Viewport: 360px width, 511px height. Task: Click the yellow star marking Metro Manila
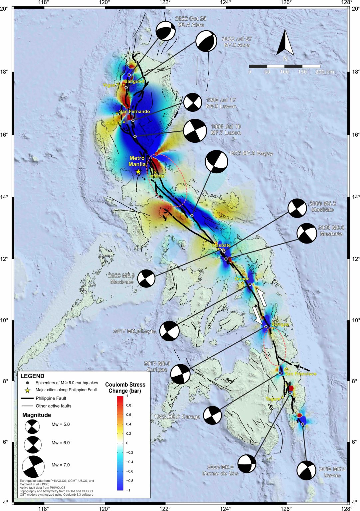click(x=138, y=172)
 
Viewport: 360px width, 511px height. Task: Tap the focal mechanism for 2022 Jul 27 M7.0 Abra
click(x=206, y=42)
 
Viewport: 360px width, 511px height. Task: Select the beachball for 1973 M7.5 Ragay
click(x=217, y=162)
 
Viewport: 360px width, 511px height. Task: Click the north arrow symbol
click(x=285, y=43)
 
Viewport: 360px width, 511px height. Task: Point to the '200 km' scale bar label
click(x=324, y=72)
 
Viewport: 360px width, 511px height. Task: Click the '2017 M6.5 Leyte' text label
click(x=134, y=331)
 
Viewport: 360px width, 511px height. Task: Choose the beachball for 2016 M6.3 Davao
click(x=306, y=470)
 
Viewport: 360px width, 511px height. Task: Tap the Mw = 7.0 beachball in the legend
click(x=33, y=466)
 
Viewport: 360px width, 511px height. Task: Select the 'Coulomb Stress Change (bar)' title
click(x=125, y=388)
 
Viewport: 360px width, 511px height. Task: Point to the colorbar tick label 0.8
click(x=128, y=405)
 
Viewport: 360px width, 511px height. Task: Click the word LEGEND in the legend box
click(x=32, y=376)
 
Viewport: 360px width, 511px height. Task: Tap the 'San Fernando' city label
click(x=134, y=111)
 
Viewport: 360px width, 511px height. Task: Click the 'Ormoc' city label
click(x=242, y=279)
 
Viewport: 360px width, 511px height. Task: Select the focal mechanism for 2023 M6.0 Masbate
click(x=146, y=278)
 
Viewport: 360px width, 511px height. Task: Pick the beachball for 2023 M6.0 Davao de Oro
click(x=247, y=463)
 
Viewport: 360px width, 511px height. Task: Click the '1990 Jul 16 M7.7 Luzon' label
click(x=226, y=130)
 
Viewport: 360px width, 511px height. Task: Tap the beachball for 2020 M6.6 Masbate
click(x=306, y=233)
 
